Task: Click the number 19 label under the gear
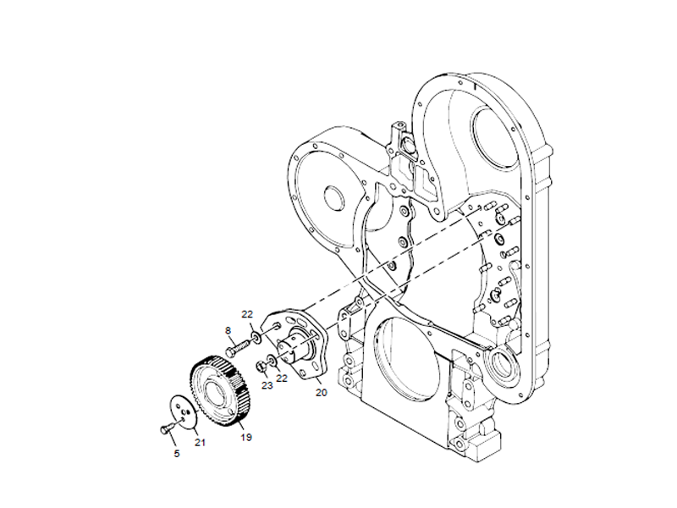(246, 437)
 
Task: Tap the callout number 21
(201, 442)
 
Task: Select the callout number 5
(177, 454)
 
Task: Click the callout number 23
(267, 385)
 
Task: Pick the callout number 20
(321, 392)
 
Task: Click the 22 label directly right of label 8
(248, 315)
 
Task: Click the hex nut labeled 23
(262, 366)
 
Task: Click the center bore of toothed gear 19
(212, 389)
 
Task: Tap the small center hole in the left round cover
(333, 202)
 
